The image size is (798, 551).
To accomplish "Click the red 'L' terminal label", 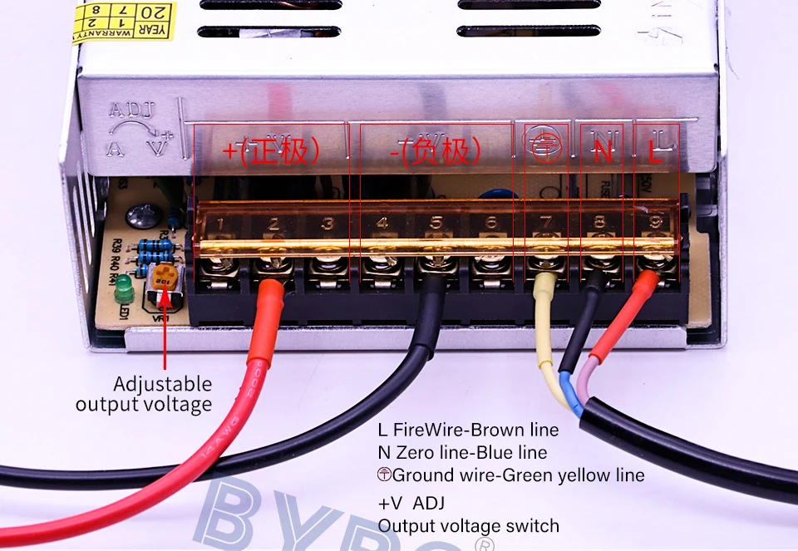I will [x=656, y=151].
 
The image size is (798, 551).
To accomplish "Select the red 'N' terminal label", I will [x=603, y=151].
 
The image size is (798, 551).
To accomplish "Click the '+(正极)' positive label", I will [x=271, y=151].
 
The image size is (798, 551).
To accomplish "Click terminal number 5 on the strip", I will [x=436, y=224].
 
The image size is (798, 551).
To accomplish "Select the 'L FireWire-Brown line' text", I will [x=468, y=430].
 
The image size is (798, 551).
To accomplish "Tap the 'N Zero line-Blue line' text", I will [x=462, y=453].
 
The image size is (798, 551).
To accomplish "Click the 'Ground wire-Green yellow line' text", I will [x=511, y=475].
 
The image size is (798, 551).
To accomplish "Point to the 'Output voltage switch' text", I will [x=468, y=525].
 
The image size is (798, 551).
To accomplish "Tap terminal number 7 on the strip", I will [x=545, y=224].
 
